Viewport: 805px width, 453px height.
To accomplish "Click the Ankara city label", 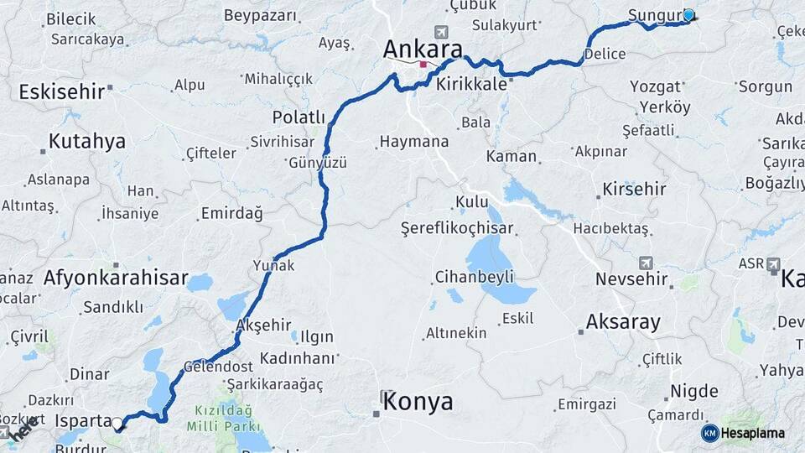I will (x=423, y=48).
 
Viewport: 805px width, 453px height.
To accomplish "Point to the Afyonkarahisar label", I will (x=116, y=278).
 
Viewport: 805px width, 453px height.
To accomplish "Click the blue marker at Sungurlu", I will (x=689, y=15).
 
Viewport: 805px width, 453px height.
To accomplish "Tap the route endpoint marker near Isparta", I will (x=118, y=424).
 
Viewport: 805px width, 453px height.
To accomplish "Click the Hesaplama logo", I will (x=744, y=433).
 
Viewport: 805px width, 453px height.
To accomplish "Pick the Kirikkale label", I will (x=496, y=84).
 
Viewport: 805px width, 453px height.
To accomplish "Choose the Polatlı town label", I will (x=298, y=117).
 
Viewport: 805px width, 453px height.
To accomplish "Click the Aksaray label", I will (x=623, y=321).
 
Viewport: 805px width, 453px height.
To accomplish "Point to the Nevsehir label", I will (x=631, y=279).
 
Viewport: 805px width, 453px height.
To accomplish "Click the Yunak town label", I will (x=273, y=265).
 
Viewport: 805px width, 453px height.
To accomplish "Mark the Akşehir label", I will (x=264, y=325).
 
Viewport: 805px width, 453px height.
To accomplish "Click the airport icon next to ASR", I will (x=773, y=263).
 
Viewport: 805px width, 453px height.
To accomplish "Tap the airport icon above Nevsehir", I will (x=645, y=263).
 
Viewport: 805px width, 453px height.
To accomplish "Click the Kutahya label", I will (x=86, y=141).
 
